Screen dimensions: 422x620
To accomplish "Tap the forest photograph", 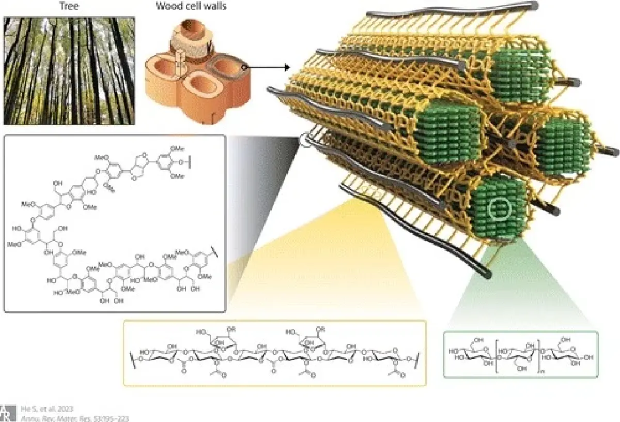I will click(69, 70).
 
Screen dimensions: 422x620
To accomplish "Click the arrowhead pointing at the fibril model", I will click(285, 67).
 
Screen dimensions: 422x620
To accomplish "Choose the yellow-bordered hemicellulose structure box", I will click(274, 353).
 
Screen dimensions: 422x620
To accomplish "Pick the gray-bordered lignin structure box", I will click(115, 223).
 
